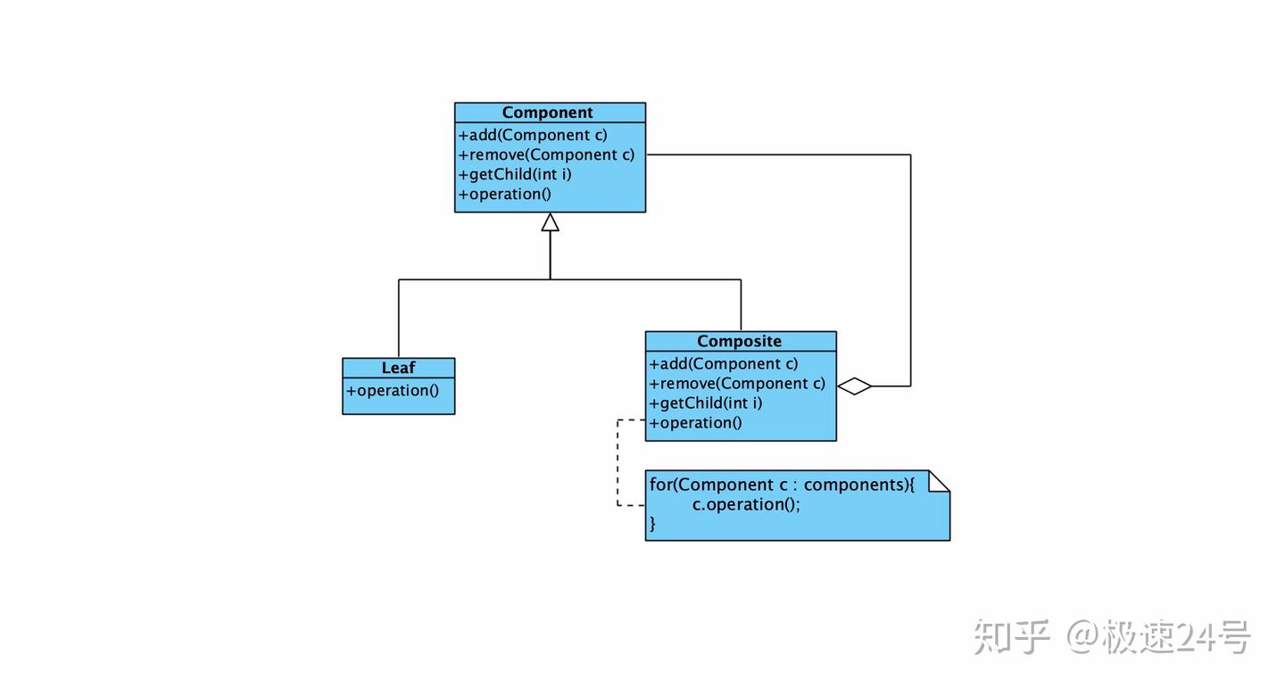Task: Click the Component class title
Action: pyautogui.click(x=547, y=112)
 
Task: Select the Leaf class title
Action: pyautogui.click(x=398, y=368)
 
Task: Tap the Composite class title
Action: pyautogui.click(x=739, y=341)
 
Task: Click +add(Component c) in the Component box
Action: pyautogui.click(x=533, y=136)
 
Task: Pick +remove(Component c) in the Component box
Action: pyautogui.click(x=546, y=155)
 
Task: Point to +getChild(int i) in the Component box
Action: pyautogui.click(x=515, y=174)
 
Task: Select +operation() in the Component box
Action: pyautogui.click(x=505, y=195)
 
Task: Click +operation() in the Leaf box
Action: pyautogui.click(x=393, y=391)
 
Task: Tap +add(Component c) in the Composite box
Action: pyautogui.click(x=724, y=364)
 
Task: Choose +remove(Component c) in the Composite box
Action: pyautogui.click(x=737, y=384)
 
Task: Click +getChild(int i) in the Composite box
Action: pyautogui.click(x=706, y=403)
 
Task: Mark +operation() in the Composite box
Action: pyautogui.click(x=695, y=423)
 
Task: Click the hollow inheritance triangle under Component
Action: pyautogui.click(x=550, y=222)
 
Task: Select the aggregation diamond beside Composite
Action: pyautogui.click(x=854, y=386)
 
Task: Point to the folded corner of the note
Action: pyautogui.click(x=939, y=481)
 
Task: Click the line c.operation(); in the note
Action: pyautogui.click(x=746, y=505)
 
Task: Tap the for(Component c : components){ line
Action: pyautogui.click(x=782, y=485)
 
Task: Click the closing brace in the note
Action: pyautogui.click(x=652, y=524)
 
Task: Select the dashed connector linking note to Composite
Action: pyautogui.click(x=618, y=462)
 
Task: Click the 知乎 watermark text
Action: pyautogui.click(x=1011, y=637)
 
